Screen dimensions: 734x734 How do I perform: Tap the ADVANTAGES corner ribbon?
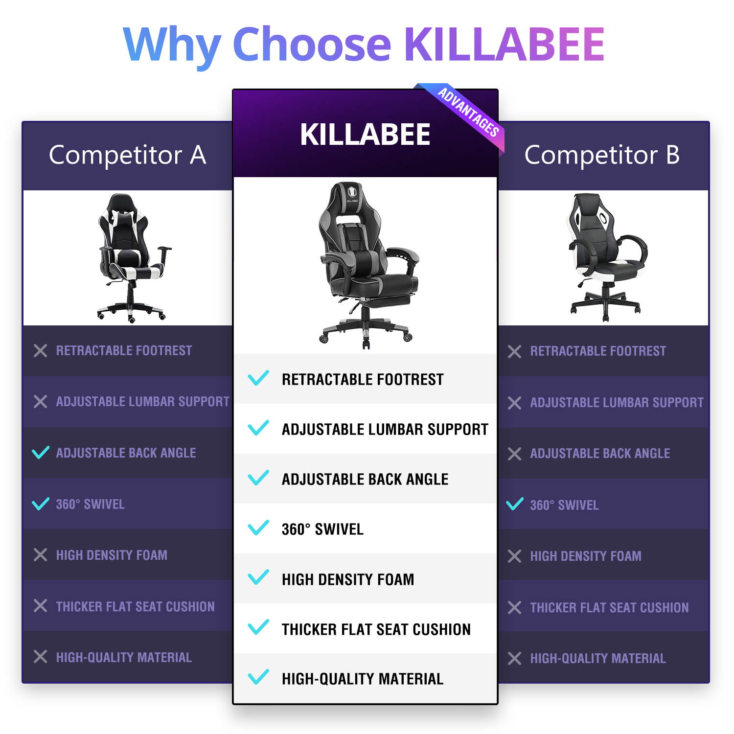tap(468, 113)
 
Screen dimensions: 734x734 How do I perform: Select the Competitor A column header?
tap(127, 155)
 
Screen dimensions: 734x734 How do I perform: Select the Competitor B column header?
tap(602, 155)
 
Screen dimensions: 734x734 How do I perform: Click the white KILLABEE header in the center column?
tap(365, 135)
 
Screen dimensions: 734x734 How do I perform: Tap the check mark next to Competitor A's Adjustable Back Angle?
tap(41, 453)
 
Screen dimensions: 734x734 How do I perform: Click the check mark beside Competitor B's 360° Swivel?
tap(515, 504)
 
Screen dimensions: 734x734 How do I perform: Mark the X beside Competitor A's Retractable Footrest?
tap(41, 350)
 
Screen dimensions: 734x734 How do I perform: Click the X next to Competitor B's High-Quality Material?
tap(515, 658)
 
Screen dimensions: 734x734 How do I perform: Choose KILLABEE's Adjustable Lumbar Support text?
tap(385, 430)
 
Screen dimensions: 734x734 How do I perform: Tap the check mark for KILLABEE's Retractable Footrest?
tap(258, 378)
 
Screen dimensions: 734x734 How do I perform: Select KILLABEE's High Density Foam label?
tap(348, 579)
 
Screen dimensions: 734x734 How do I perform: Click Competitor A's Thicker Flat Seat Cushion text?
tap(135, 607)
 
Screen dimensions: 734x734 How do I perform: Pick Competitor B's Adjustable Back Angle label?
tap(600, 454)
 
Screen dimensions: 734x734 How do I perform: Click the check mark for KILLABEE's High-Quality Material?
tap(258, 677)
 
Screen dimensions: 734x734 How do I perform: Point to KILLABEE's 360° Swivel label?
tap(322, 529)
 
